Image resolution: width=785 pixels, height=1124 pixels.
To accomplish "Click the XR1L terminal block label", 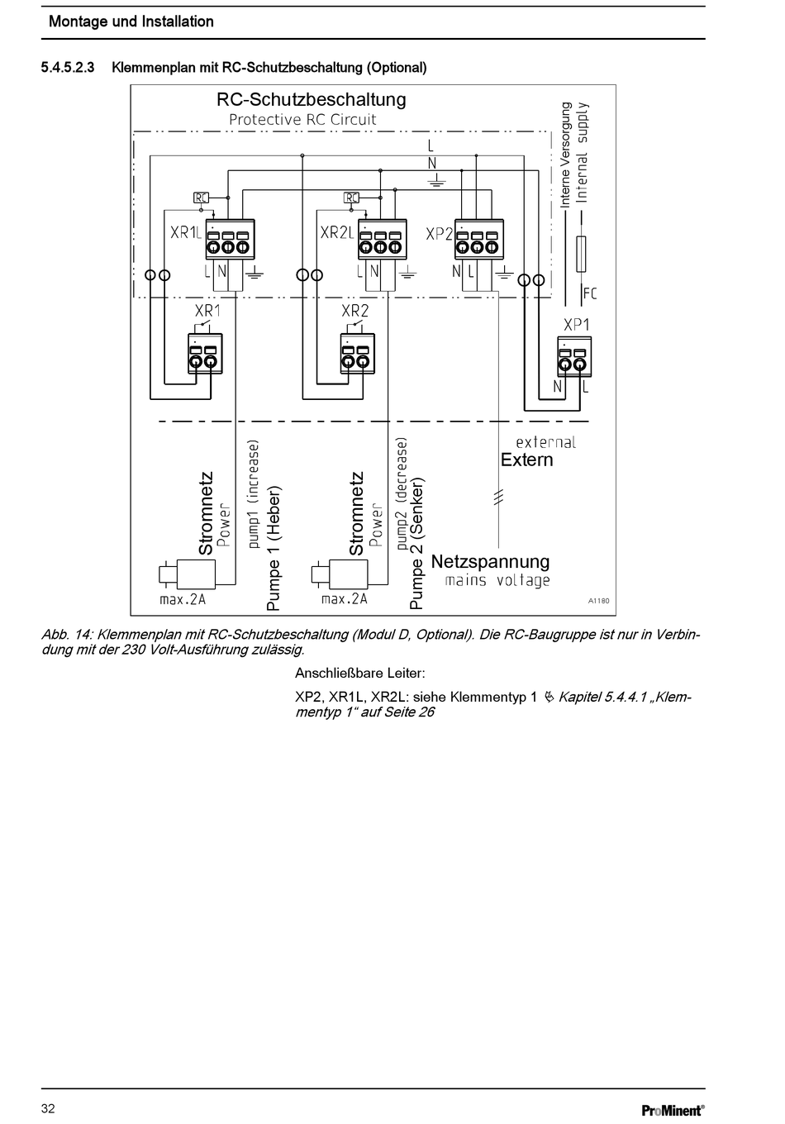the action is tap(186, 233).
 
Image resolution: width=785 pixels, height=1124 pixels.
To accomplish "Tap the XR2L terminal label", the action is tap(336, 233).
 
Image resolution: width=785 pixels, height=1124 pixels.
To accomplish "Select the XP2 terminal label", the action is tap(439, 235).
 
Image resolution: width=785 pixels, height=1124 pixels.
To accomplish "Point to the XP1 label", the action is tap(576, 325).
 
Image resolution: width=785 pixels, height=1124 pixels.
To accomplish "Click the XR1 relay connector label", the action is tap(207, 311).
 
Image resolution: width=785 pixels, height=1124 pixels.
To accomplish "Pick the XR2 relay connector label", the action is tap(354, 311).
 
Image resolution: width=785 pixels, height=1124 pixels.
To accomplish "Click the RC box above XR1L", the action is tap(201, 198).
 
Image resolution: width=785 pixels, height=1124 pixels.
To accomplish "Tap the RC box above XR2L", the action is tap(352, 198).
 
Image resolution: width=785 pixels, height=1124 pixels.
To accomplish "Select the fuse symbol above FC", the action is tap(581, 254).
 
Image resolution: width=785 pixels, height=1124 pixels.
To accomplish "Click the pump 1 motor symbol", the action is tap(187, 574).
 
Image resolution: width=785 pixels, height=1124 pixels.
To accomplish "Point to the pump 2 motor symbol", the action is tap(340, 574).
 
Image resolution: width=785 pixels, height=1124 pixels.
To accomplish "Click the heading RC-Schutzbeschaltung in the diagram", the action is tap(311, 99).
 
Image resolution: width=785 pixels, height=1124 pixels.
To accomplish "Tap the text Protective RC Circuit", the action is tap(302, 120).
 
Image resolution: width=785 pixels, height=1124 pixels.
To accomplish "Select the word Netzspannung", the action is tap(490, 561).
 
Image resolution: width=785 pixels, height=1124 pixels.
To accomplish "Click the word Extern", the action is tap(526, 460).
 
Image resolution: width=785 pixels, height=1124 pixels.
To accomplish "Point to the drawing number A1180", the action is tap(599, 601).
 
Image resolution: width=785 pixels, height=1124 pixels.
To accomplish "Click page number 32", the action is tap(48, 1108).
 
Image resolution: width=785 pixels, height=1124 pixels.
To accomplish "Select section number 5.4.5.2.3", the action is tap(68, 68).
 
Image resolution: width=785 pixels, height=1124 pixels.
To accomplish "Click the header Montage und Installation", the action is tap(131, 21).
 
